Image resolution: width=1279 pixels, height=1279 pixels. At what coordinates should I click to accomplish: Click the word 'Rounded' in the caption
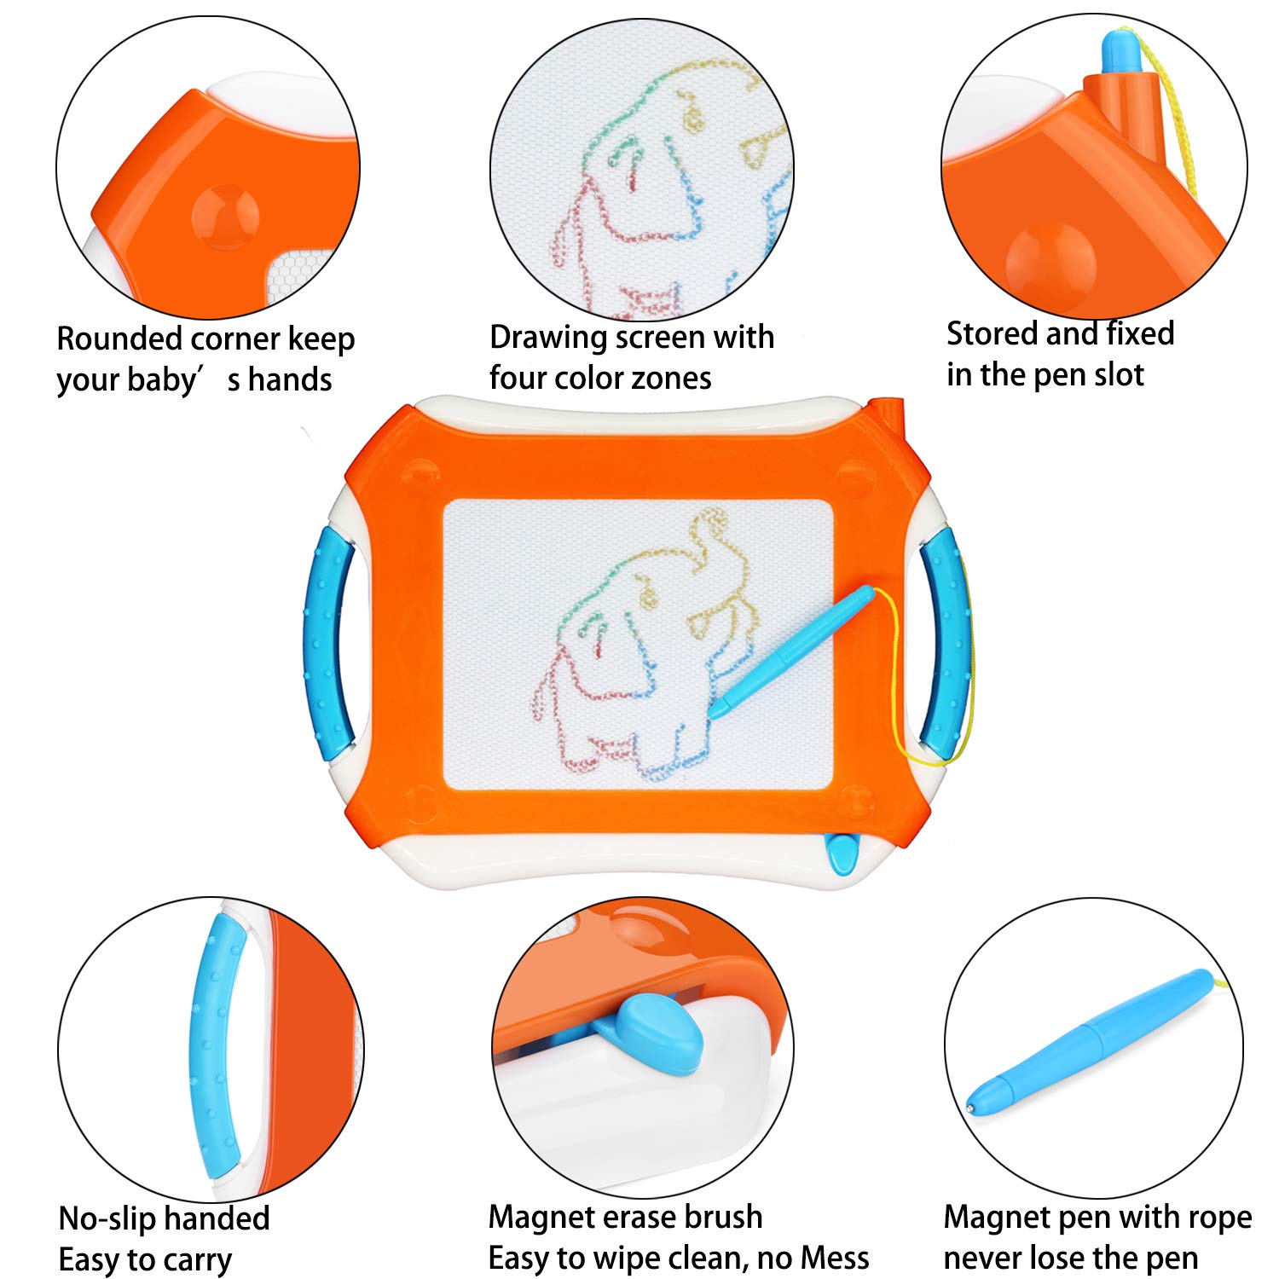point(120,339)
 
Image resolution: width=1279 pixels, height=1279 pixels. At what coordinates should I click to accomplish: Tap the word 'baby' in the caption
point(162,380)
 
